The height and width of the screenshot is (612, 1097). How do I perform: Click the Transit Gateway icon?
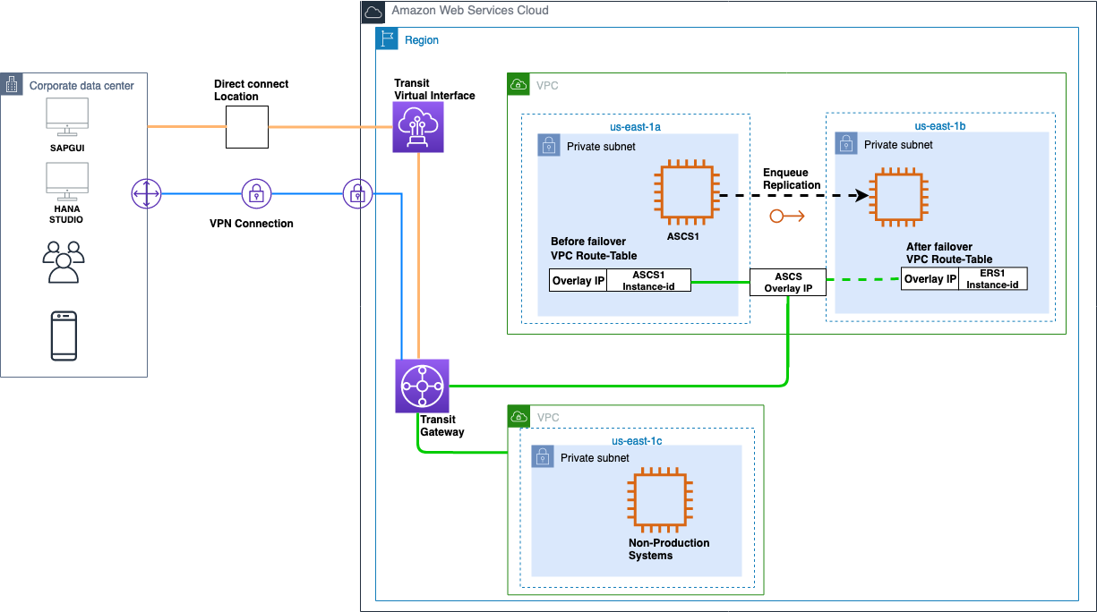pyautogui.click(x=422, y=387)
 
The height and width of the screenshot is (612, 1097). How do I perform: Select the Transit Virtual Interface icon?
pyautogui.click(x=419, y=127)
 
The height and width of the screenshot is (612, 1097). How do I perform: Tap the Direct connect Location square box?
pyautogui.click(x=246, y=127)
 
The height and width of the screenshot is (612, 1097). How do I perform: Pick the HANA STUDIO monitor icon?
pyautogui.click(x=67, y=179)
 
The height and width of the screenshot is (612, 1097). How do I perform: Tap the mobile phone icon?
pyautogui.click(x=64, y=336)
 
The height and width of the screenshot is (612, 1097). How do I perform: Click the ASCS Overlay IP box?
pyautogui.click(x=788, y=283)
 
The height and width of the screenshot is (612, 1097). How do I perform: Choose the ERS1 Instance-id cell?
pyautogui.click(x=993, y=279)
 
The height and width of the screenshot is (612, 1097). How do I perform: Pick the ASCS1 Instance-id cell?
pyautogui.click(x=648, y=280)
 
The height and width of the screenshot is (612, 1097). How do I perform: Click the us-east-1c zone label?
pyautogui.click(x=637, y=441)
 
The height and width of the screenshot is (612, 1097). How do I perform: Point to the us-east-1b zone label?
pyautogui.click(x=939, y=127)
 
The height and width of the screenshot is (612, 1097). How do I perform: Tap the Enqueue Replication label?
pyautogui.click(x=792, y=179)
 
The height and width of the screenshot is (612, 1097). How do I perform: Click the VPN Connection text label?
pyautogui.click(x=245, y=223)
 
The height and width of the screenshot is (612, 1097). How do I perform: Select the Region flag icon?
pyautogui.click(x=387, y=39)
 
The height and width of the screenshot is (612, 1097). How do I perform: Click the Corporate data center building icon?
pyautogui.click(x=12, y=85)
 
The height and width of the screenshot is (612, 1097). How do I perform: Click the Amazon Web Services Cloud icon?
pyautogui.click(x=373, y=12)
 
